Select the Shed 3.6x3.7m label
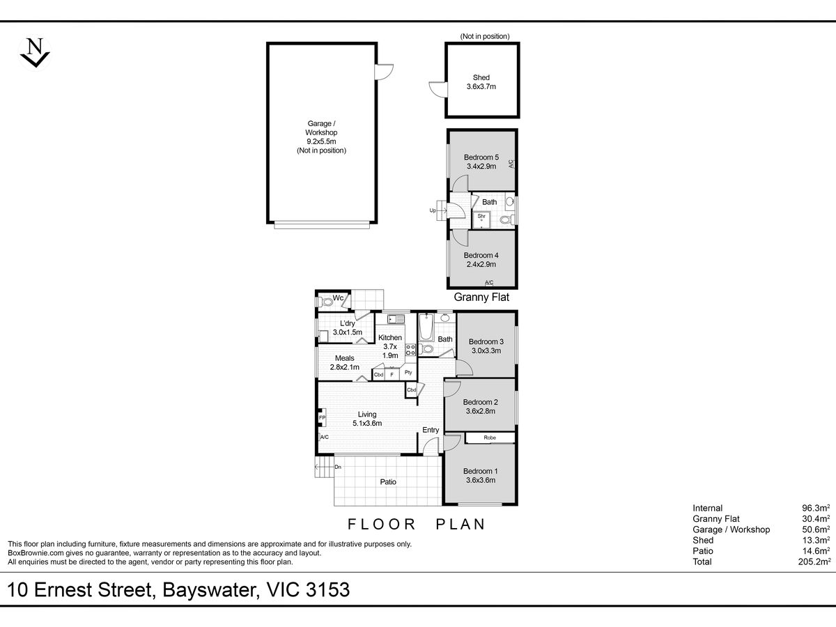481,82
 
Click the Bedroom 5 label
481,162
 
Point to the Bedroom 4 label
481,260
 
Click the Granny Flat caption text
481,297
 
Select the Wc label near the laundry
339,299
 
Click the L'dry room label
348,328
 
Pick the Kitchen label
390,346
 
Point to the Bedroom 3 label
486,346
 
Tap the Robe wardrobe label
490,438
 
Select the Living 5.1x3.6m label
367,419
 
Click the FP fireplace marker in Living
322,419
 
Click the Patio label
388,481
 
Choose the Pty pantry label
408,373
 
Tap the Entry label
431,430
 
